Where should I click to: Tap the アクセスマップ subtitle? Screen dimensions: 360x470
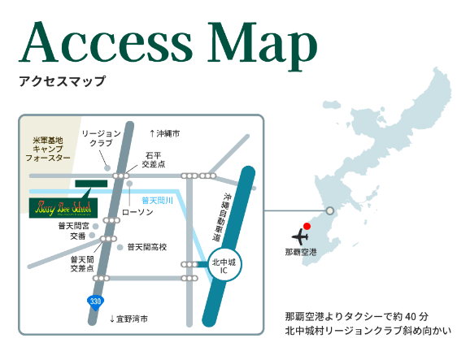pyautogui.click(x=63, y=81)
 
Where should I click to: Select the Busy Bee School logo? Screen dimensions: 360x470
pyautogui.click(x=63, y=207)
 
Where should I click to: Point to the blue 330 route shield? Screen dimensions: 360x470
pyautogui.click(x=96, y=302)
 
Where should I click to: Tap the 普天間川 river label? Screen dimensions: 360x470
pyautogui.click(x=157, y=200)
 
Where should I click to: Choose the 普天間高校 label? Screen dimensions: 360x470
pyautogui.click(x=147, y=247)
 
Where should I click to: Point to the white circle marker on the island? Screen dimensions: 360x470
pyautogui.click(x=329, y=211)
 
